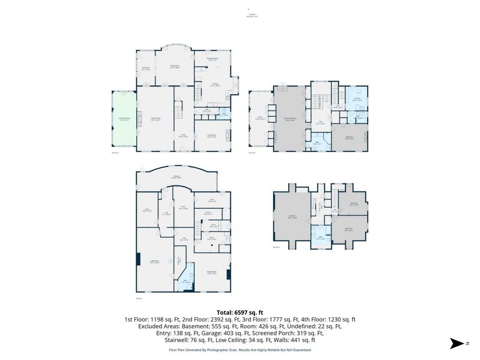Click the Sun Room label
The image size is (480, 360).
[145, 68]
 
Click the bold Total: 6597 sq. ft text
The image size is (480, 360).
[240, 312]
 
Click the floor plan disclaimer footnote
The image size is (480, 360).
[240, 349]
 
